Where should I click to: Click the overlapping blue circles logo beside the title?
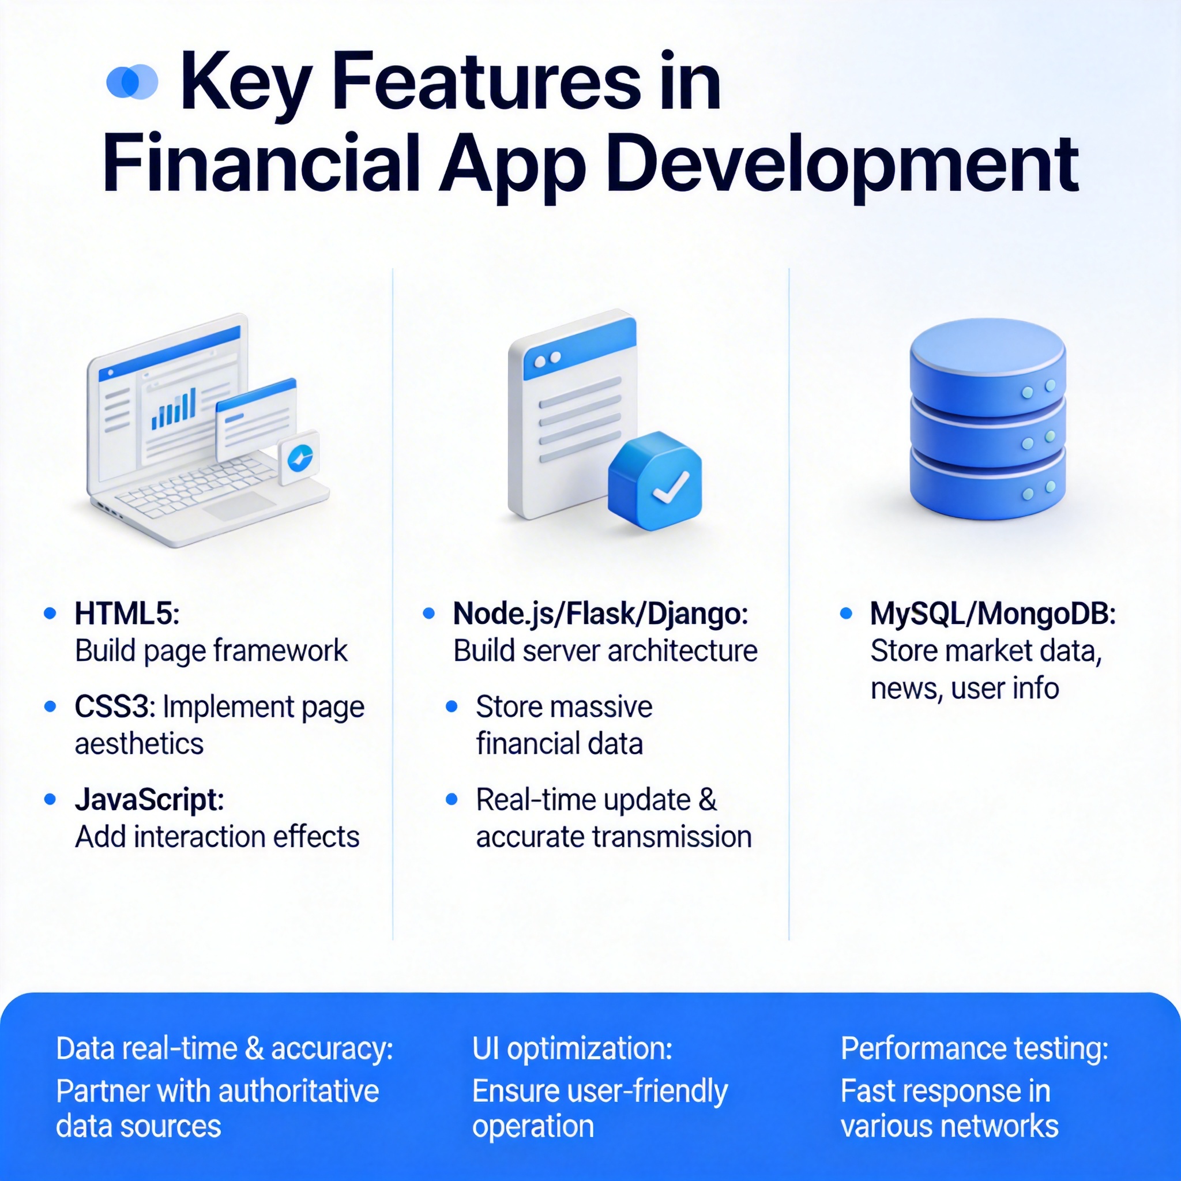(x=132, y=81)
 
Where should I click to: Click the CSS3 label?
(x=115, y=706)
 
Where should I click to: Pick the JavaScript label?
(x=149, y=800)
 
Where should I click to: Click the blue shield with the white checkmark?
(x=655, y=480)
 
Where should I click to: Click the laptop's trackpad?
(x=240, y=506)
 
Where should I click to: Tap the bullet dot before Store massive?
(x=452, y=706)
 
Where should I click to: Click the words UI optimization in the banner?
(x=571, y=1049)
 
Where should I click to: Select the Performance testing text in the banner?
(x=975, y=1049)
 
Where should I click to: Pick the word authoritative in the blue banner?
(x=298, y=1091)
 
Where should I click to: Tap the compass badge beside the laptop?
(x=299, y=457)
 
